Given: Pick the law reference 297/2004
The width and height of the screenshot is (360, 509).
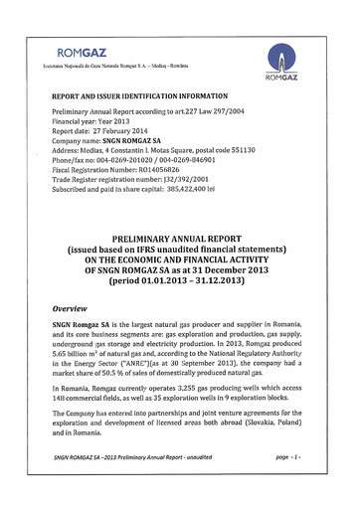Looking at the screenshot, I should (228, 114).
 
